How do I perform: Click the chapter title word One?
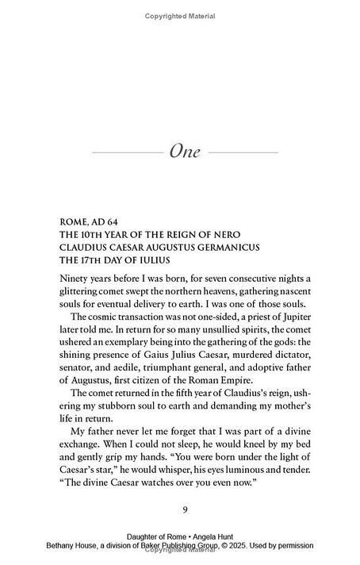[185, 151]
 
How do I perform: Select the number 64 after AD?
[127, 221]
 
